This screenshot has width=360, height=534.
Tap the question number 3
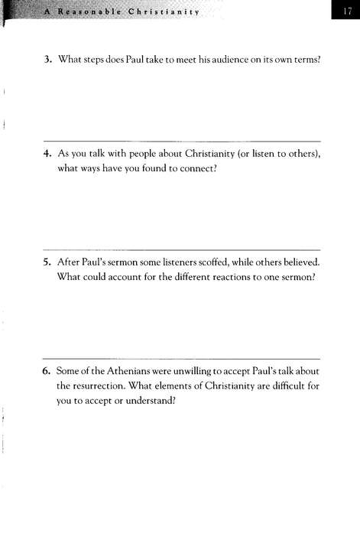[x=46, y=60]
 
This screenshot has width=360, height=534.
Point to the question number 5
[x=46, y=262]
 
